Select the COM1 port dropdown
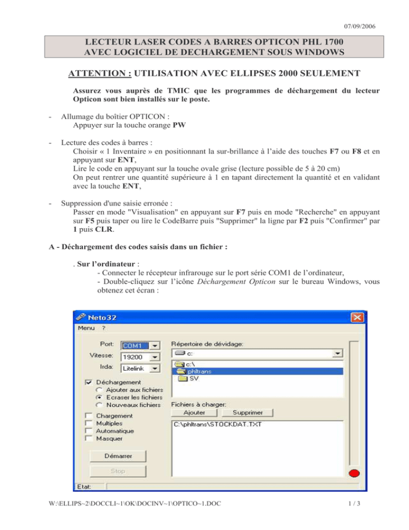[141, 345]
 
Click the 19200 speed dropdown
[141, 357]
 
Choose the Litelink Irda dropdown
[141, 368]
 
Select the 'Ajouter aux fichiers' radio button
[93, 390]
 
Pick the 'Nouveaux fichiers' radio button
[93, 405]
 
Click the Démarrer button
[118, 456]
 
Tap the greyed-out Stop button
[118, 471]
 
